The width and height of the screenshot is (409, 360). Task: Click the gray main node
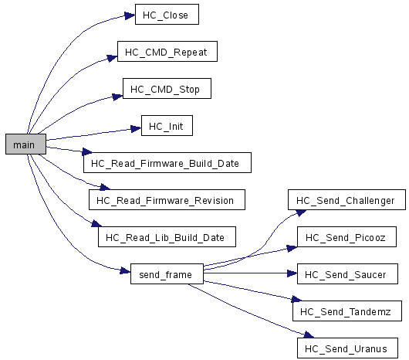coord(25,144)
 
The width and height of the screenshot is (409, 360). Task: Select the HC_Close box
coord(167,15)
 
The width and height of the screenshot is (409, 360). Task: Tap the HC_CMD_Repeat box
coord(167,52)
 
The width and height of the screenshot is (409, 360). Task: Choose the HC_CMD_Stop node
coord(167,89)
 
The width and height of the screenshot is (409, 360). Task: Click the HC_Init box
coord(167,126)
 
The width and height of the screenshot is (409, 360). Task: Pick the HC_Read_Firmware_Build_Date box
coord(167,163)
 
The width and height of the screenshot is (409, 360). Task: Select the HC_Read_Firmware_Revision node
coord(167,200)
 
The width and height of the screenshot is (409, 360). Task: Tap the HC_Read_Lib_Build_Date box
coord(167,236)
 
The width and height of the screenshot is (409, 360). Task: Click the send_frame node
coord(167,273)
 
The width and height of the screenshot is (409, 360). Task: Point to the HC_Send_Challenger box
coord(346,200)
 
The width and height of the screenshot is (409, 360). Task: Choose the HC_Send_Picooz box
coord(346,236)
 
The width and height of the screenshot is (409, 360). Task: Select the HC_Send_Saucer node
coord(347,273)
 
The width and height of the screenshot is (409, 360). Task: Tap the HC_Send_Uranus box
coord(347,348)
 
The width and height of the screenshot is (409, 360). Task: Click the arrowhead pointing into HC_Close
coord(130,15)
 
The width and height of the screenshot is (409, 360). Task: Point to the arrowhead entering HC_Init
coord(136,128)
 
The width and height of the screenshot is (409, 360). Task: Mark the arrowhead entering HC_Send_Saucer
coord(292,273)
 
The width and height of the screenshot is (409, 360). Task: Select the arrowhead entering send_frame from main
coord(125,270)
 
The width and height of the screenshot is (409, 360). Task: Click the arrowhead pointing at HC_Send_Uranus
coord(309,335)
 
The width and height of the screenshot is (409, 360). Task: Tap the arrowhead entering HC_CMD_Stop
coord(117,97)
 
